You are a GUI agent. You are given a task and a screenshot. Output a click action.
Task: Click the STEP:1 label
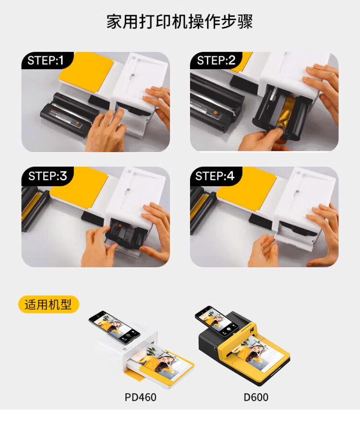tap(46, 60)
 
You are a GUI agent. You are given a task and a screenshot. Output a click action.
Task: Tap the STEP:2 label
tap(216, 60)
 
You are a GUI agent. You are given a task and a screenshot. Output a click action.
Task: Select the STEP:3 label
tap(48, 176)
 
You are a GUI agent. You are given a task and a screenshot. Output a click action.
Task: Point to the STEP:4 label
tap(215, 176)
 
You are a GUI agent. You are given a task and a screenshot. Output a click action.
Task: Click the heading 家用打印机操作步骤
tap(180, 22)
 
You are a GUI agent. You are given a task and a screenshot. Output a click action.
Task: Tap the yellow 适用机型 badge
tap(48, 304)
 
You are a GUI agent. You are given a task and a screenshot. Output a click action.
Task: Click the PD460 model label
tap(140, 397)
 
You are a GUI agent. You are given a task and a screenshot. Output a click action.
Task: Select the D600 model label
tap(256, 397)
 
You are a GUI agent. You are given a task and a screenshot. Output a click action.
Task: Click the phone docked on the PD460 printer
tap(114, 327)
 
